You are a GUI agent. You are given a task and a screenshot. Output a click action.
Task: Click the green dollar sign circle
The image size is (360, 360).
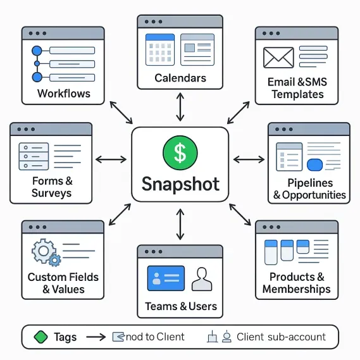click(x=180, y=152)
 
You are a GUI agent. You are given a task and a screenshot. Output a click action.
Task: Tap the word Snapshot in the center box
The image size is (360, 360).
click(x=180, y=184)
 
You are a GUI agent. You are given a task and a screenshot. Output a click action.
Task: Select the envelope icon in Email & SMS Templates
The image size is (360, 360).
click(x=278, y=58)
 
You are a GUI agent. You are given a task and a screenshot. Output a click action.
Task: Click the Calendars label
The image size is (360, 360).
click(x=180, y=78)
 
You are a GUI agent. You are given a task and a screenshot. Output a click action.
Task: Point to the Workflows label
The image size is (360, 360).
click(x=64, y=94)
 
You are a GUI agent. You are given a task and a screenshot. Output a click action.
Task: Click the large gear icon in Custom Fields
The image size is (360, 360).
click(x=44, y=251)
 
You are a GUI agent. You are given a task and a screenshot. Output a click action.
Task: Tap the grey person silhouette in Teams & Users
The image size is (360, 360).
click(x=202, y=279)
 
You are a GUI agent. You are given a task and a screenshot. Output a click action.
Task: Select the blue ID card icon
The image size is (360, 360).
click(x=166, y=278)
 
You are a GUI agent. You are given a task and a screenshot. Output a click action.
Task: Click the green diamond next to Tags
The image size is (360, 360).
click(x=40, y=337)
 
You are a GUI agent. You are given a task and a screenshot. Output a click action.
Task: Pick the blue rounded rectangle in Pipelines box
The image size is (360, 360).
click(x=314, y=164)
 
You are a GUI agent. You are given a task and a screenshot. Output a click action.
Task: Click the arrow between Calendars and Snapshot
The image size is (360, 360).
click(x=180, y=107)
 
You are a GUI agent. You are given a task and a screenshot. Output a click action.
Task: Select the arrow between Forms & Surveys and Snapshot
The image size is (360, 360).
click(x=111, y=159)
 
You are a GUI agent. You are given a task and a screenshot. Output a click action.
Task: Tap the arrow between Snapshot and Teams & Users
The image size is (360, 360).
click(x=180, y=224)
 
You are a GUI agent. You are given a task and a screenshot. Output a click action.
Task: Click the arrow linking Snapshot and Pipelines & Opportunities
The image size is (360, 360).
click(x=249, y=159)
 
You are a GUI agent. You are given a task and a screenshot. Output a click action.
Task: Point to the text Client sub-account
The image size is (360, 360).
click(x=282, y=337)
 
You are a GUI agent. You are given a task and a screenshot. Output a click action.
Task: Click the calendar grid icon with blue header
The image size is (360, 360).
click(x=160, y=49)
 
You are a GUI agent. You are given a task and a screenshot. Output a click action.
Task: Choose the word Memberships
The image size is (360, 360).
click(x=296, y=289)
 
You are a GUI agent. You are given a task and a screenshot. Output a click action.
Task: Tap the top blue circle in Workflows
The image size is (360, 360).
click(x=37, y=51)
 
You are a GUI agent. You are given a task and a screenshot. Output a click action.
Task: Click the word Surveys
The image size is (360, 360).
click(x=52, y=194)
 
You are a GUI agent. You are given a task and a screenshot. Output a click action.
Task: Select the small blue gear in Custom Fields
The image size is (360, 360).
click(x=54, y=260)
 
